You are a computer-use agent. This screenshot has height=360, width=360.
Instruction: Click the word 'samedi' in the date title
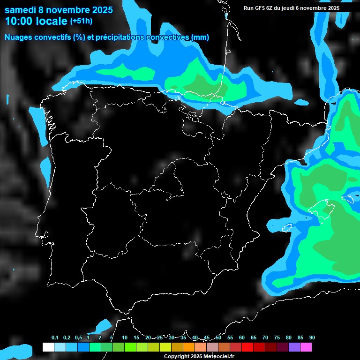[21, 10]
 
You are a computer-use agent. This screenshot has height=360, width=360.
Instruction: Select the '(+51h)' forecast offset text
[81, 21]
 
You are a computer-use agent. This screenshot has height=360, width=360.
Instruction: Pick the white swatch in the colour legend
[48, 347]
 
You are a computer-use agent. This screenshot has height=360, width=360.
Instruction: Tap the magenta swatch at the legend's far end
[306, 347]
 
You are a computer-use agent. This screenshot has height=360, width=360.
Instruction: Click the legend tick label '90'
[312, 337]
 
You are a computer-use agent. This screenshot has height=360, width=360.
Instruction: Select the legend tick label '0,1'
[54, 337]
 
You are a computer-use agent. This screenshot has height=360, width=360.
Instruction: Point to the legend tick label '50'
[218, 337]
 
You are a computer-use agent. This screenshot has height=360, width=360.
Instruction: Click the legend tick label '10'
[125, 337]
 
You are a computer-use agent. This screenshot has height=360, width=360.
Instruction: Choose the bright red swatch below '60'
[247, 347]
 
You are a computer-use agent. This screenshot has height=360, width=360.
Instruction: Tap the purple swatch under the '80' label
[294, 347]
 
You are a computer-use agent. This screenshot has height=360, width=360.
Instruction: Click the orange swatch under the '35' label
[188, 347]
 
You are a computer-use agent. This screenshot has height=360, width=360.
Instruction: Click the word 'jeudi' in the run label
[292, 8]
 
